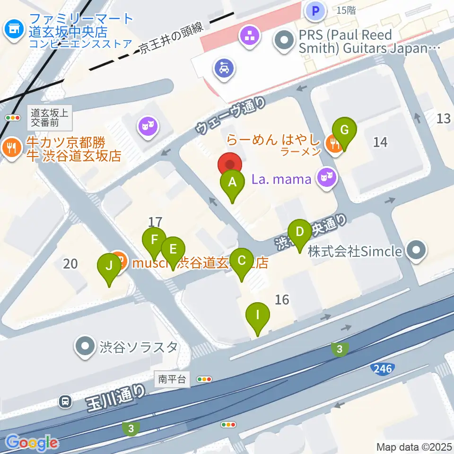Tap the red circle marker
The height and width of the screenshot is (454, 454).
[230, 165]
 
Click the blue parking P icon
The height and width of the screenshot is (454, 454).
[315, 10]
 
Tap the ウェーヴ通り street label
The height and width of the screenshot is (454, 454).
[231, 116]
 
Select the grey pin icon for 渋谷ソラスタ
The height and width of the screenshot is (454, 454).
[85, 347]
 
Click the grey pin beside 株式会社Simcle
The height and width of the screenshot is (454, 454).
[416, 251]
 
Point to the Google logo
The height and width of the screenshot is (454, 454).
[32, 442]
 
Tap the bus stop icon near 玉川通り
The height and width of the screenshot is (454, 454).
[65, 402]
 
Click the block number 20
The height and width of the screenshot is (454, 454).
[70, 263]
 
